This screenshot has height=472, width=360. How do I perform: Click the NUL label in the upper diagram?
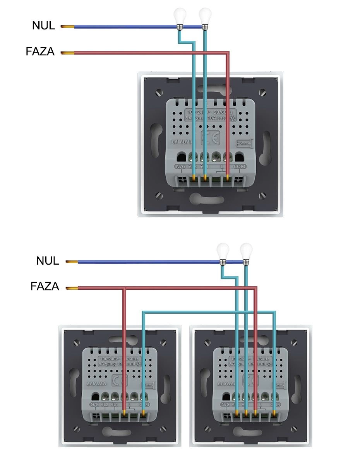[43, 26]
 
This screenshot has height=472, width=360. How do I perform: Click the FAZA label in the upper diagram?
[40, 52]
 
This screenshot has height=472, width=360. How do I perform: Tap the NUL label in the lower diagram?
[48, 261]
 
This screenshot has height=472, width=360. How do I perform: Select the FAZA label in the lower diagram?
[45, 287]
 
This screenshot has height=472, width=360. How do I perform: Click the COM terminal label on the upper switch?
[240, 166]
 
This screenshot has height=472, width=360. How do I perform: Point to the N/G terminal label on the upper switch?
[180, 166]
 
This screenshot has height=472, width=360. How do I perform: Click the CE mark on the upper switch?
[211, 137]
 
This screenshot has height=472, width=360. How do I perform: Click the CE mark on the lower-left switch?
[118, 380]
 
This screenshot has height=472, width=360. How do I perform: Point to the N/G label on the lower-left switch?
[94, 405]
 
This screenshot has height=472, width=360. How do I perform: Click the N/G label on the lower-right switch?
[225, 405]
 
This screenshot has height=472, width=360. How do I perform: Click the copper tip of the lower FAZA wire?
[72, 288]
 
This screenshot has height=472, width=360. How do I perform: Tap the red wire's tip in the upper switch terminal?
[228, 178]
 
